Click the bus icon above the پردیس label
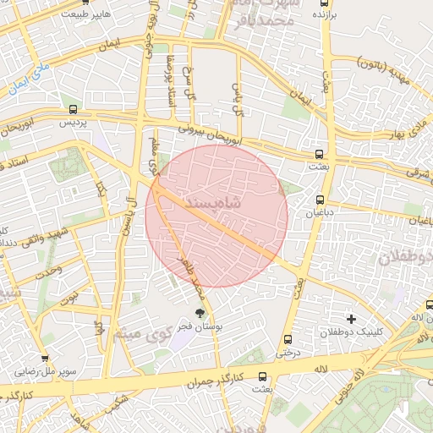click(73, 109)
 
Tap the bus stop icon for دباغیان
click(319, 200)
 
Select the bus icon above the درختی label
click(288, 338)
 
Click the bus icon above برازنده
click(324, 3)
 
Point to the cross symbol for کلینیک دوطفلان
click(352, 319)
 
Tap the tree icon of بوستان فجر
click(200, 313)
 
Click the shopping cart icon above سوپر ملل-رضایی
click(45, 359)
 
